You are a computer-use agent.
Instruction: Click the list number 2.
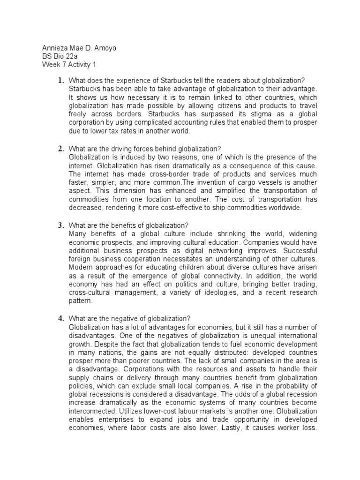tap(60, 149)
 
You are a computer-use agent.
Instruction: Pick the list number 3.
tap(60, 225)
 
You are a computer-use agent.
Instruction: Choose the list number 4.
tap(60, 318)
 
